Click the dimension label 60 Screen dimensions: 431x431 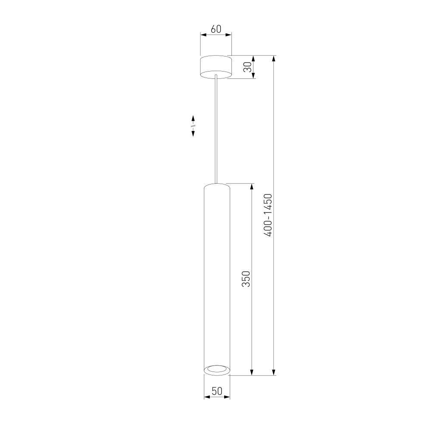coord(216,29)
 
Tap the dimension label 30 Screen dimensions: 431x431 coord(248,67)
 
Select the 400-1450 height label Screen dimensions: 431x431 coord(268,215)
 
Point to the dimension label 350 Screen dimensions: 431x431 coord(246,279)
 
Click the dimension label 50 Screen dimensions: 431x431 coord(217,391)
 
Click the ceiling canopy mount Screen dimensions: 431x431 coord(216,67)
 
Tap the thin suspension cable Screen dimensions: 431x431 coord(216,129)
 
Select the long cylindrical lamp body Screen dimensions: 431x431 coord(217,279)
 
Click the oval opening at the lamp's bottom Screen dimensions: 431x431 coord(217,369)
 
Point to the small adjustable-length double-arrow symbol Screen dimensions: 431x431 coord(193,126)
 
